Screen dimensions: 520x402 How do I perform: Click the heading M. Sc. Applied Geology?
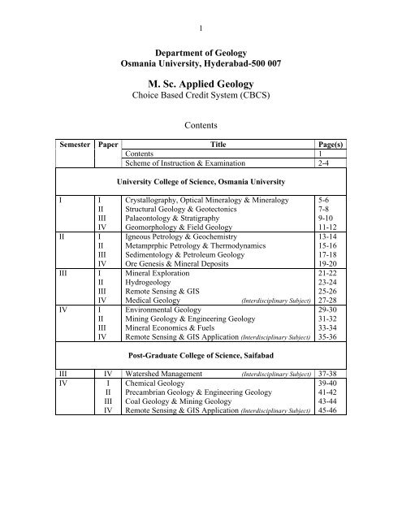(x=200, y=84)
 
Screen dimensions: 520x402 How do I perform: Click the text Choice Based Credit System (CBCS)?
(x=200, y=99)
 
